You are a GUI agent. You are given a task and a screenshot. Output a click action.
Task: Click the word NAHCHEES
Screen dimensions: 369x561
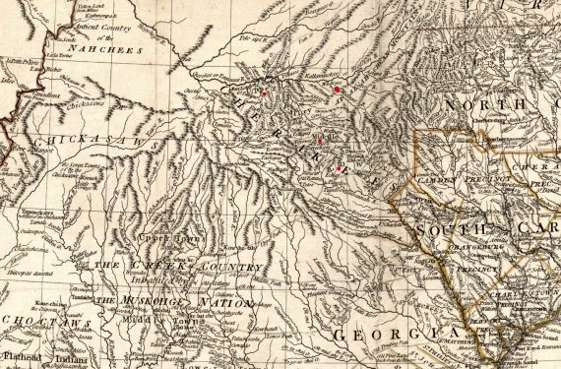[x=108, y=49]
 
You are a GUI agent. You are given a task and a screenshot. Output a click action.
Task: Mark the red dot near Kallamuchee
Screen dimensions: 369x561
[x=337, y=88]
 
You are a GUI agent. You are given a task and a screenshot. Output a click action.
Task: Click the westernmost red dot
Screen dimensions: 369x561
[x=264, y=94]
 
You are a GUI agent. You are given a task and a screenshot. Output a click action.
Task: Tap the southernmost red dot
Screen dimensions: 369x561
[x=339, y=169]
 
